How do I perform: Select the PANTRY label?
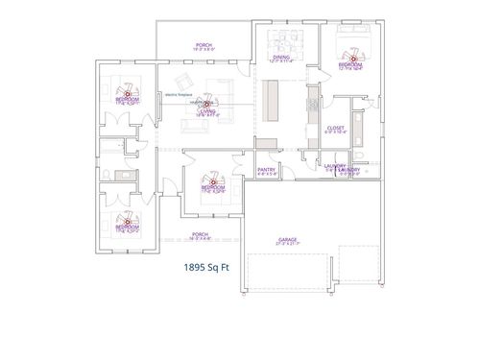(x=268, y=172)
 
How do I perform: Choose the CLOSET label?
(x=334, y=128)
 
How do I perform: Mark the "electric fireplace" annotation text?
(x=180, y=95)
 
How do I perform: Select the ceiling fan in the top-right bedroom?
(x=352, y=58)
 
